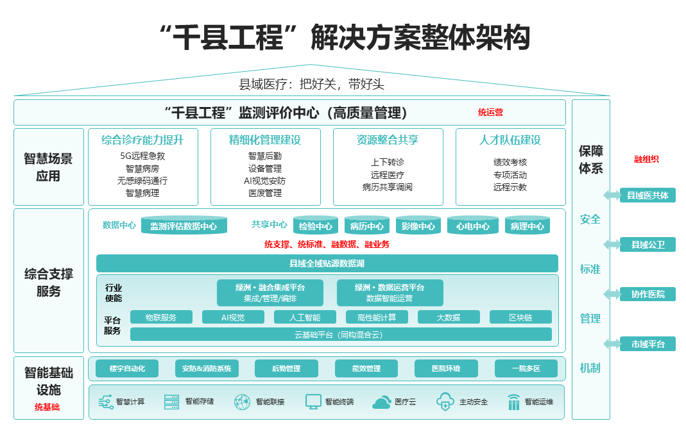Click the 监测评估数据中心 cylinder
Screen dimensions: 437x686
point(184,226)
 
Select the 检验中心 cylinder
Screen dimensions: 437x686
point(316,226)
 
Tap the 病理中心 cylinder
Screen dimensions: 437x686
point(527,226)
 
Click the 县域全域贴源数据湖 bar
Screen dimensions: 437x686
point(327,263)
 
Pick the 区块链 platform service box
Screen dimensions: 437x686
point(520,317)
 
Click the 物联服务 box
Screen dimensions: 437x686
point(162,317)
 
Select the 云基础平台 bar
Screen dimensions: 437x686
point(341,334)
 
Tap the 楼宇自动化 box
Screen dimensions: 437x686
point(127,368)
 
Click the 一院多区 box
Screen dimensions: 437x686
point(526,368)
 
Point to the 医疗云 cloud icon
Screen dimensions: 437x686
point(382,402)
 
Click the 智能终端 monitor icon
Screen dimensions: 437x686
point(313,402)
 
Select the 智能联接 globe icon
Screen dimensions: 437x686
point(242,402)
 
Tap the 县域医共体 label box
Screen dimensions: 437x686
point(647,195)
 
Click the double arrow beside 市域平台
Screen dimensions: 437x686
point(612,344)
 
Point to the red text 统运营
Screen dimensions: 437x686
point(490,113)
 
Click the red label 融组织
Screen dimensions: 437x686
point(646,160)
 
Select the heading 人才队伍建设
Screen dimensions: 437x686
point(510,140)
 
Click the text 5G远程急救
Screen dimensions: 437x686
point(142,156)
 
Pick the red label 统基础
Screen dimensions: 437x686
point(47,407)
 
